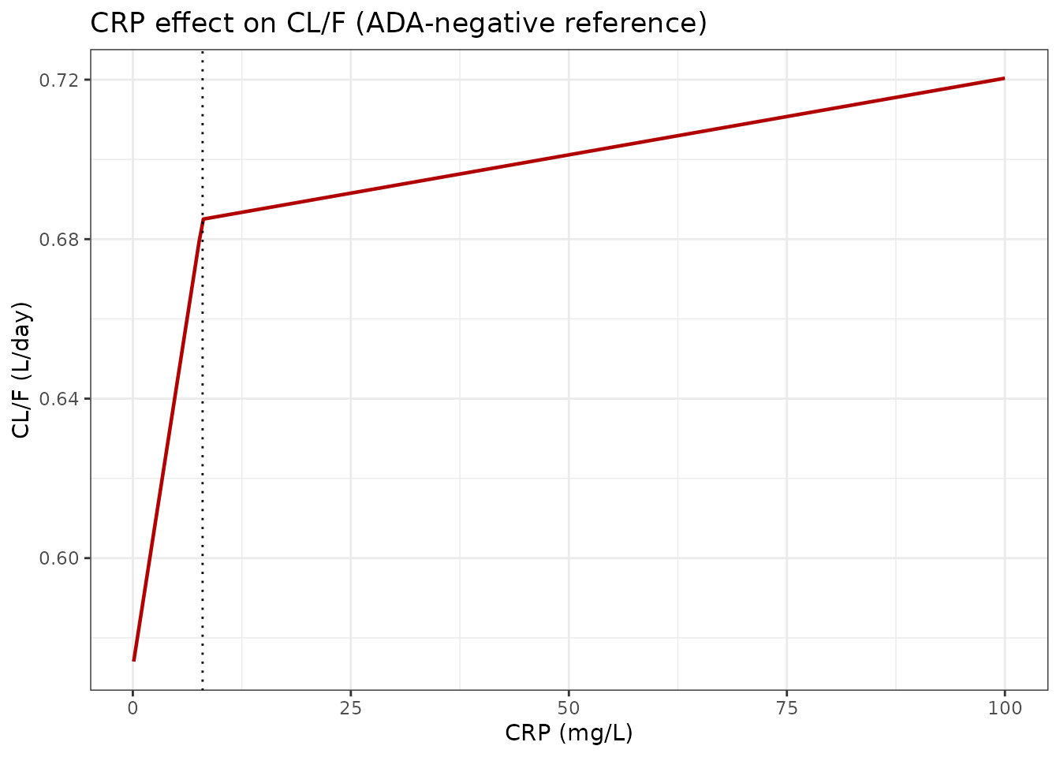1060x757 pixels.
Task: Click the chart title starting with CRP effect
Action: (398, 24)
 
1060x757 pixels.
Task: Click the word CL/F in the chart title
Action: (319, 24)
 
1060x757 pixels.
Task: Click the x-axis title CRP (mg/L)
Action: (569, 733)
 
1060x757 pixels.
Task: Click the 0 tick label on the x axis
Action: (133, 708)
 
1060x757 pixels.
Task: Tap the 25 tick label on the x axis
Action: (351, 708)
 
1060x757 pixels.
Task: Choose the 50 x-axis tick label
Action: (569, 708)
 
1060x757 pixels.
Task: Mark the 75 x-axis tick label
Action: (787, 708)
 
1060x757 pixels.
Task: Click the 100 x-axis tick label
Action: (1005, 708)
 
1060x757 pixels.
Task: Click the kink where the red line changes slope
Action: (203, 219)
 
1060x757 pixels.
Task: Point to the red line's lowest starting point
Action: (134, 660)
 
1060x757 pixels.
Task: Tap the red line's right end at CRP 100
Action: (1004, 78)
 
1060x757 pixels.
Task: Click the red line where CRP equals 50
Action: (569, 155)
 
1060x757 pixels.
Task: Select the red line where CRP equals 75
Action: (787, 117)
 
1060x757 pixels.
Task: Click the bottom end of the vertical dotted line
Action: (203, 688)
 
